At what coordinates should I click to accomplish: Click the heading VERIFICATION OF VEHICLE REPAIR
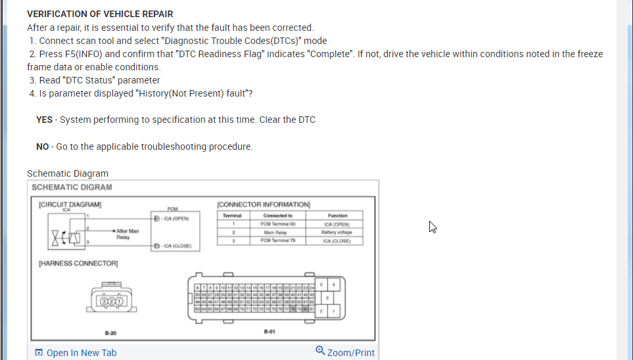[x=100, y=14]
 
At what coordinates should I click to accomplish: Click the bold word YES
[x=44, y=120]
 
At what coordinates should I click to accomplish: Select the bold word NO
[x=42, y=146]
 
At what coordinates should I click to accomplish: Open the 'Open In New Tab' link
[x=81, y=353]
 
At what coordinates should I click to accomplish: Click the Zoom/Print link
[x=350, y=353]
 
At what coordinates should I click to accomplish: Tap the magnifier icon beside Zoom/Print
[x=320, y=351]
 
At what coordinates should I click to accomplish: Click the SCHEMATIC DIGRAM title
[x=72, y=187]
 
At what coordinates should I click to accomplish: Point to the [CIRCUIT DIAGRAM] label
[x=70, y=204]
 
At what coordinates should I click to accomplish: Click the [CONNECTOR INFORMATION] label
[x=264, y=205]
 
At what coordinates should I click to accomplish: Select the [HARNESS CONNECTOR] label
[x=78, y=263]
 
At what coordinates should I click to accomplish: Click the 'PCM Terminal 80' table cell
[x=277, y=223]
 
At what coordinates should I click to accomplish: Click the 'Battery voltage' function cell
[x=337, y=232]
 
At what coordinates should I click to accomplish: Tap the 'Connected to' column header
[x=277, y=215]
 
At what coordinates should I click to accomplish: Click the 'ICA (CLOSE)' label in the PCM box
[x=176, y=246]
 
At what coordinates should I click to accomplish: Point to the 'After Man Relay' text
[x=128, y=234]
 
